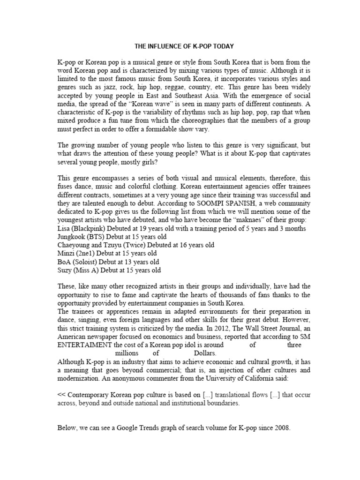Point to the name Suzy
(x=65, y=270)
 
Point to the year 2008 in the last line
(x=280, y=427)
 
